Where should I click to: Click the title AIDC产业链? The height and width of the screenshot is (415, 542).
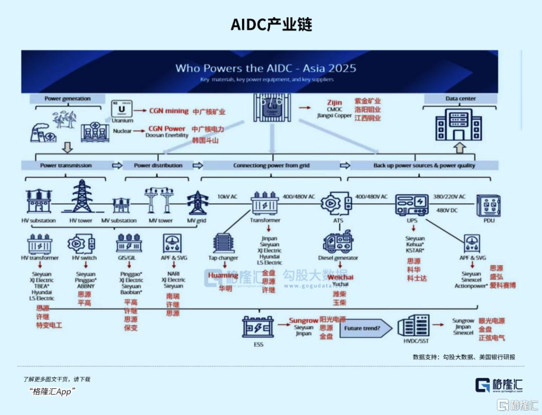pos(271,25)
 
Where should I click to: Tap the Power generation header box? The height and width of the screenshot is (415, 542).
pos(68,99)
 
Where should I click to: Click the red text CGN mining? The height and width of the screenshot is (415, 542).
pos(169,111)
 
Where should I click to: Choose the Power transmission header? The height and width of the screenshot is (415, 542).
pos(66,165)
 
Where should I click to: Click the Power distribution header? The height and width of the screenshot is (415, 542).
pos(159,165)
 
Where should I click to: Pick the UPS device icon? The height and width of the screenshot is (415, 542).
pos(412,204)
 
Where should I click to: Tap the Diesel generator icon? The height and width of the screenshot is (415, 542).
pos(338,242)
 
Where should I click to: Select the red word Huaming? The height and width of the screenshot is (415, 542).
pos(223,275)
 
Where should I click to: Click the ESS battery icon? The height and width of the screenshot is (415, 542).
pos(257,326)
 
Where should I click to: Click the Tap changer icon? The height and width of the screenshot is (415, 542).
pos(223,243)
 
